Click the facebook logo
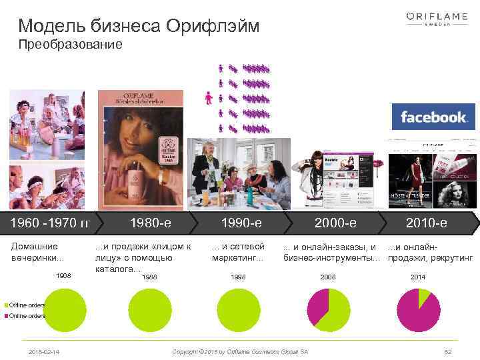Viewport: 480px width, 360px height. [x=433, y=117]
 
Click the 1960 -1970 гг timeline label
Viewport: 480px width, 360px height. [x=47, y=222]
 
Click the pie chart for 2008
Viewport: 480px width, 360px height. [x=329, y=310]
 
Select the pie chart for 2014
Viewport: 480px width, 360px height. [x=419, y=310]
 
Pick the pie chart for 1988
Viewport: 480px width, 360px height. [x=149, y=310]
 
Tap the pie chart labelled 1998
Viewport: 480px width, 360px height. [x=238, y=310]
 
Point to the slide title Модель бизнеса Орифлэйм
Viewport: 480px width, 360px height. [x=139, y=27]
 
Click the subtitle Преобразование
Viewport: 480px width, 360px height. [x=70, y=45]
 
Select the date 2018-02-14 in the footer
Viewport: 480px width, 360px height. [x=43, y=351]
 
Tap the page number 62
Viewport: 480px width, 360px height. [x=447, y=351]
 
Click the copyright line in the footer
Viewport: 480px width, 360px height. [x=240, y=351]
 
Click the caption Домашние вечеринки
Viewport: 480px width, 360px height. [x=39, y=252]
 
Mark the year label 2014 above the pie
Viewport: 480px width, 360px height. [x=418, y=276]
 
